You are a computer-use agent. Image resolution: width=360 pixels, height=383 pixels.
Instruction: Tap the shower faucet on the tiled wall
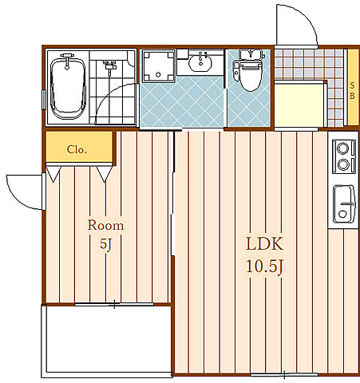[x=109, y=65]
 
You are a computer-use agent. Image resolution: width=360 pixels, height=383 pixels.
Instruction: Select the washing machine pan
[x=159, y=66]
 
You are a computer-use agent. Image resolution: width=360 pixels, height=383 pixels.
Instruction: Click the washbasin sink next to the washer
[x=200, y=62]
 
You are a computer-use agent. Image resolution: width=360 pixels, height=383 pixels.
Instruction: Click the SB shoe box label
[x=352, y=90]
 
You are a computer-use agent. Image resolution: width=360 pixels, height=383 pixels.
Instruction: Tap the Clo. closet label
[x=77, y=149]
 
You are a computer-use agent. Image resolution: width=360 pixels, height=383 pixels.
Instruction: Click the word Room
[x=105, y=225]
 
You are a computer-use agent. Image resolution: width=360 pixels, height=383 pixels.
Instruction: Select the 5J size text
[x=105, y=243]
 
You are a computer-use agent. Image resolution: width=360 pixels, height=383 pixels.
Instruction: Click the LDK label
[x=264, y=243]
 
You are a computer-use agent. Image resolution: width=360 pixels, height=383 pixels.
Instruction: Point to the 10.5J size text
[x=265, y=267]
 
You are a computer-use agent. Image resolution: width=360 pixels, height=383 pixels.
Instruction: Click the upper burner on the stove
[x=342, y=148]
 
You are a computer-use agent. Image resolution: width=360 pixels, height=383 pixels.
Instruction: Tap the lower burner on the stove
[x=343, y=164]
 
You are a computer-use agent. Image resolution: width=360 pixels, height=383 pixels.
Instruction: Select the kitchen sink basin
[x=344, y=203]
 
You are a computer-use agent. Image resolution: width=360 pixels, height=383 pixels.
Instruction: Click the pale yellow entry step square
[x=300, y=105]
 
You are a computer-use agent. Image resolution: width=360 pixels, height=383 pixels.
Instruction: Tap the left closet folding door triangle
[x=53, y=174]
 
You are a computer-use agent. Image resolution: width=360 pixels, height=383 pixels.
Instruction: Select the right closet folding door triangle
[x=105, y=174]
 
